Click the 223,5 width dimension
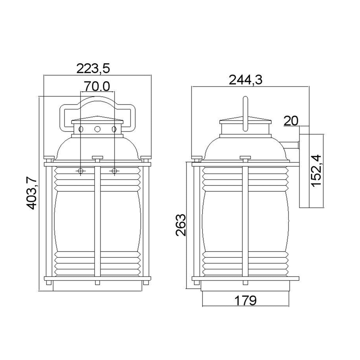coord(93,69)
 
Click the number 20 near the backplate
coord(290,121)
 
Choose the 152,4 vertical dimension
coord(316,171)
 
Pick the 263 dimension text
coord(180,225)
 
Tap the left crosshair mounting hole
coord(81,171)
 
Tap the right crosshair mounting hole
coord(114,171)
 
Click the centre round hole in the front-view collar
coord(97,129)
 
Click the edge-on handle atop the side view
coord(245,113)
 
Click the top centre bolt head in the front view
coord(97,158)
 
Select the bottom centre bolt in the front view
coord(97,283)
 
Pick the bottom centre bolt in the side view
coord(245,283)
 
